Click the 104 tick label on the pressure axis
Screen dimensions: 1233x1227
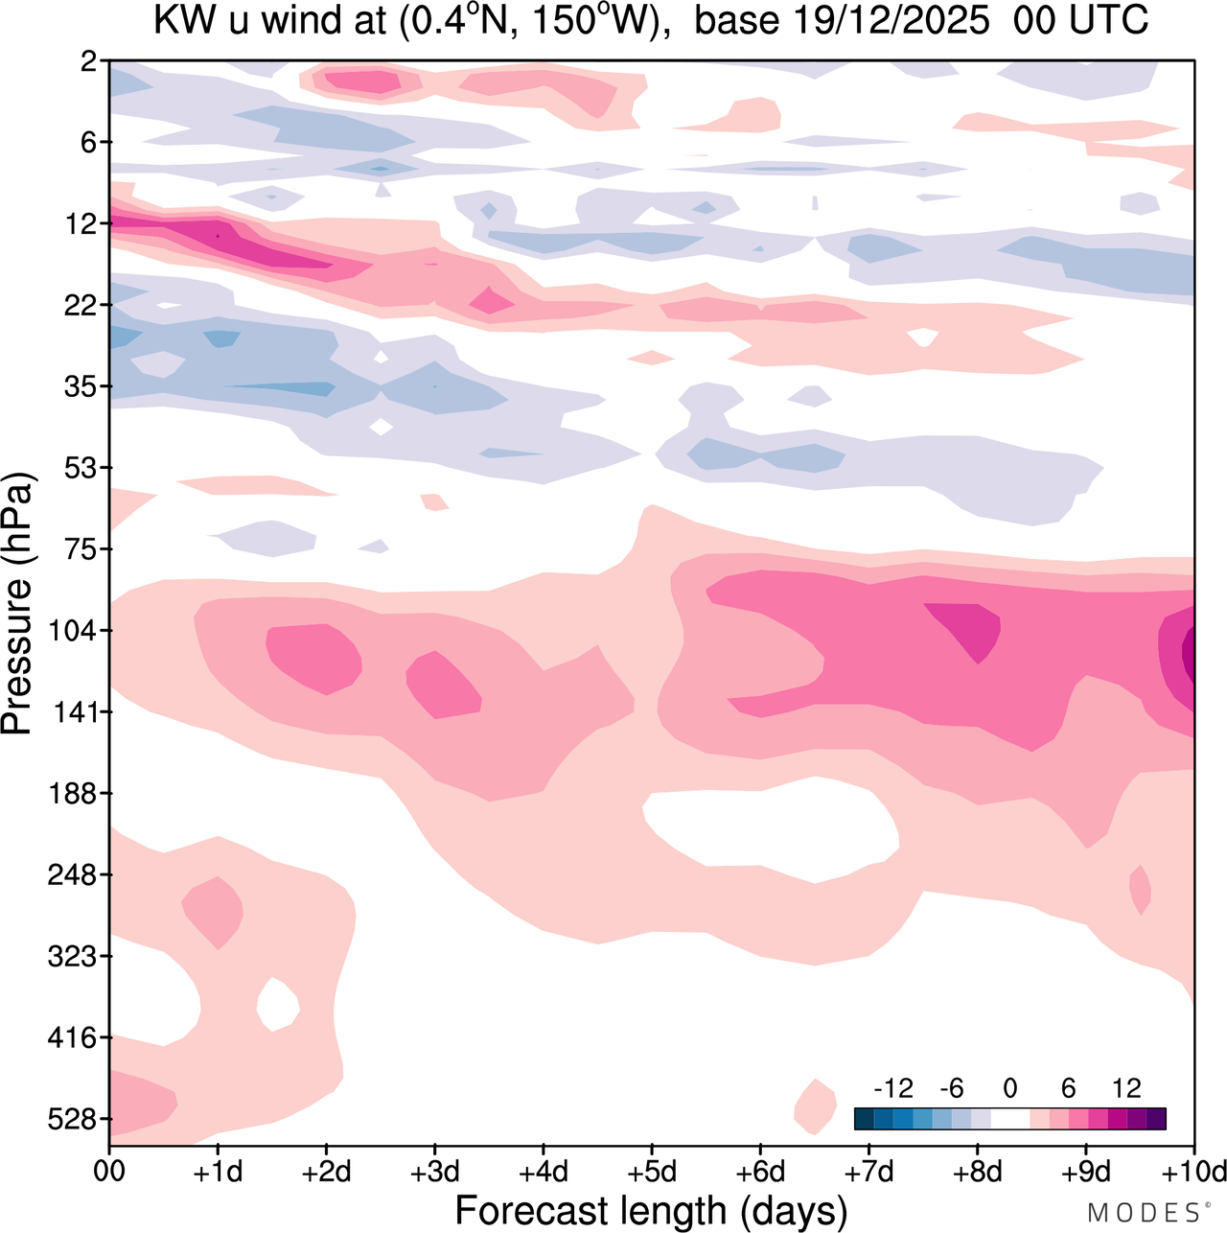pos(73,631)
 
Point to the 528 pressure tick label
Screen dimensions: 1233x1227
pos(73,1119)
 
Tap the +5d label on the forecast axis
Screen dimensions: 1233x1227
pos(651,1172)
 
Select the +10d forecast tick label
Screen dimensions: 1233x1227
pos(1193,1172)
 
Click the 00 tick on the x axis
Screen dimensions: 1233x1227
pos(109,1172)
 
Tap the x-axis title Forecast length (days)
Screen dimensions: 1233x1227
pos(651,1210)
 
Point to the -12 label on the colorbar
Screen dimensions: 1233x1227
pos(892,1088)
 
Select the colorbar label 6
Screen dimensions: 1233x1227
pos(1068,1088)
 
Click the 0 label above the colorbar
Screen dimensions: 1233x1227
pos(1009,1088)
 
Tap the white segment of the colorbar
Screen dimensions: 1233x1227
pos(1009,1119)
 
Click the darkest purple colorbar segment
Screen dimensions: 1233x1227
pos(1156,1119)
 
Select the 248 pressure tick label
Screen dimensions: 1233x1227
pos(73,875)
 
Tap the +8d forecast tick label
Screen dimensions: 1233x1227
pos(977,1172)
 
